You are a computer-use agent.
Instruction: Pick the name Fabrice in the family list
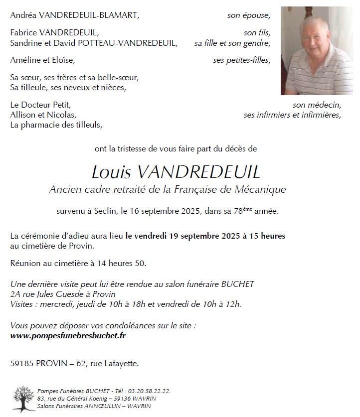pyautogui.click(x=24, y=33)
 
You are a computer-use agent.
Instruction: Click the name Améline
pyautogui.click(x=25, y=60)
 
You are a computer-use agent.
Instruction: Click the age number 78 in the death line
pyautogui.click(x=238, y=211)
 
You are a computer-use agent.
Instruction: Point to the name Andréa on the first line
pyautogui.click(x=24, y=15)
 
